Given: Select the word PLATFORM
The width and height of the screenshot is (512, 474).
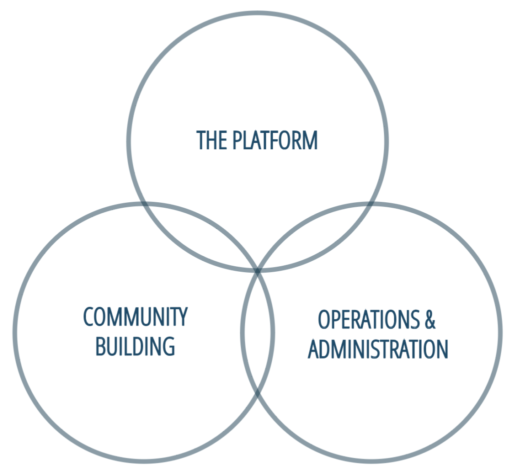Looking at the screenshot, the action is (x=275, y=140).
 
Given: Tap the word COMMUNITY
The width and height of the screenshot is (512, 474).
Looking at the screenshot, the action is (x=135, y=317).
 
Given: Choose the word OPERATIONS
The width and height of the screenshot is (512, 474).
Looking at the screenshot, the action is (x=369, y=319).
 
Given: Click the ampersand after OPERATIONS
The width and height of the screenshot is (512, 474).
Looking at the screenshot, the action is (x=430, y=319).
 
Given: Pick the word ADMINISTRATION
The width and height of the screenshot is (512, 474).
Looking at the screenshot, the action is (x=378, y=349).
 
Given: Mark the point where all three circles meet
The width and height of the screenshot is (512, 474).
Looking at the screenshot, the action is (x=257, y=270).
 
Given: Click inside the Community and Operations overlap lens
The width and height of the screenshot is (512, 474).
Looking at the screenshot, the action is (x=257, y=332).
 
